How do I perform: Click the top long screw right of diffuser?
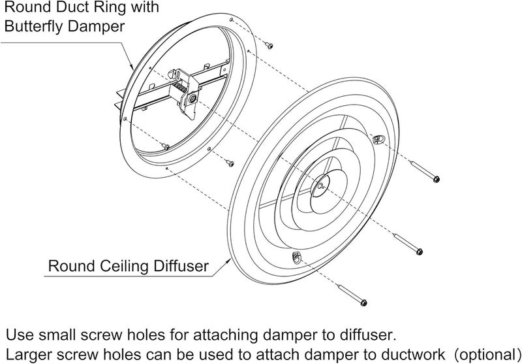[x=425, y=171]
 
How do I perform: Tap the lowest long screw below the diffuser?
[x=352, y=295]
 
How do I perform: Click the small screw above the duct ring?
[x=269, y=45]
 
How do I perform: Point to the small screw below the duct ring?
[x=230, y=163]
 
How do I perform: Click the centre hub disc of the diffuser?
[x=320, y=186]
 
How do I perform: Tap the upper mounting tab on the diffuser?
[x=378, y=139]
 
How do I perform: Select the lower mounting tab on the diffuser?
[x=296, y=257]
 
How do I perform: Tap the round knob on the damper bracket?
[x=192, y=99]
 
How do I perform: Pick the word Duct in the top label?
[x=73, y=7]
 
